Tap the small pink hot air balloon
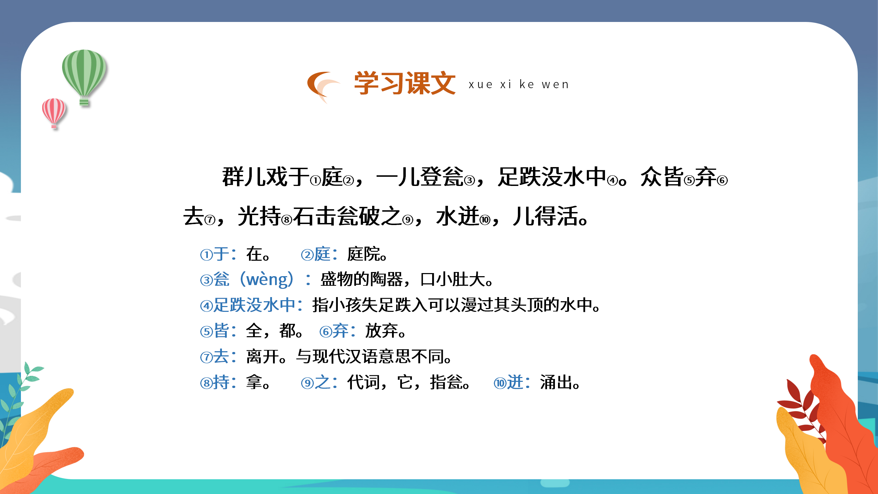pyautogui.click(x=54, y=111)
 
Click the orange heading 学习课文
pyautogui.click(x=405, y=83)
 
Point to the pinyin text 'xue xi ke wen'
pyautogui.click(x=519, y=84)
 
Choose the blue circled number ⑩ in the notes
pyautogui.click(x=500, y=383)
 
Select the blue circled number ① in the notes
pyautogui.click(x=206, y=255)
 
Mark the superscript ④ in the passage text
pyautogui.click(x=613, y=181)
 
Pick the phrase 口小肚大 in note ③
pyautogui.click(x=452, y=280)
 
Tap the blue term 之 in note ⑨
pyautogui.click(x=323, y=383)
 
